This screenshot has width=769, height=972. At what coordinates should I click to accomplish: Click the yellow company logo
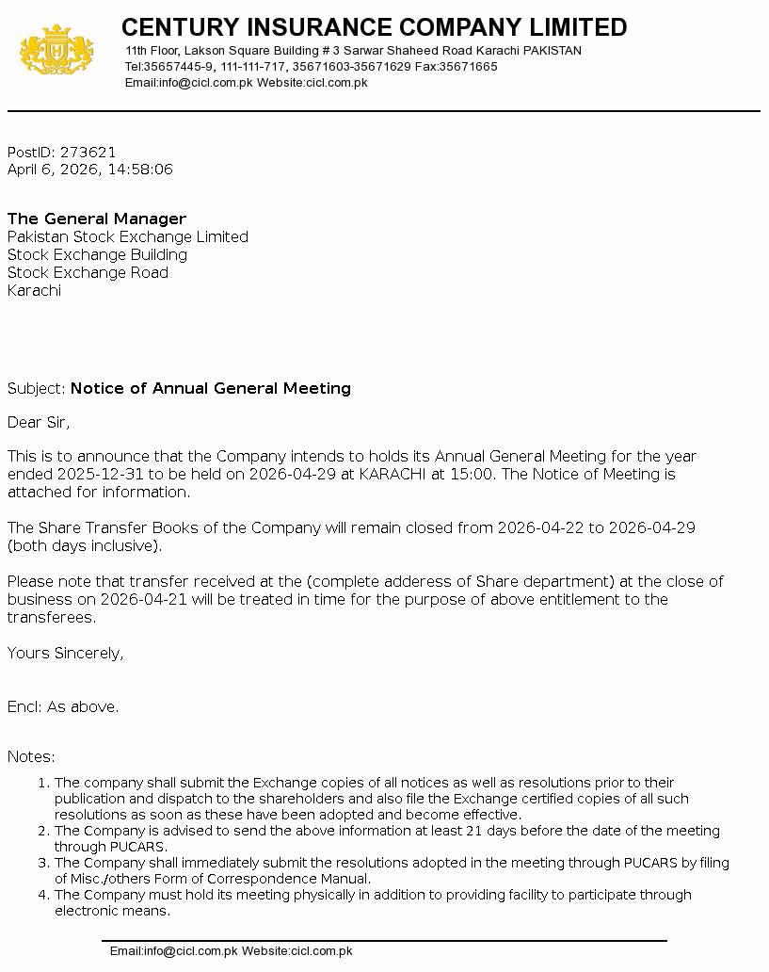[56, 51]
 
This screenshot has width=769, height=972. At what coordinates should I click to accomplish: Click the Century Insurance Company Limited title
[374, 26]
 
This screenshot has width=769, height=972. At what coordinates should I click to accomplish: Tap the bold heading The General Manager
[97, 219]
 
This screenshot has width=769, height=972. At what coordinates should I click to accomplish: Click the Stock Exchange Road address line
[88, 272]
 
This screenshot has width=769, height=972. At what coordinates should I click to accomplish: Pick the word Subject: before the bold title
[37, 388]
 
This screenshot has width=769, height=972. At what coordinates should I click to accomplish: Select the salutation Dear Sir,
[39, 422]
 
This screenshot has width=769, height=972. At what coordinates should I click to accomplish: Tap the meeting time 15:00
[473, 474]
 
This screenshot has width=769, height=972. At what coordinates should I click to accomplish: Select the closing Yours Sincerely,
[66, 653]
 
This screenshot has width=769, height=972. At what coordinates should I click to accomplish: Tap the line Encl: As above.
[63, 706]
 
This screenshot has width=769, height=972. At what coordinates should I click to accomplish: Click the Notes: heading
[31, 756]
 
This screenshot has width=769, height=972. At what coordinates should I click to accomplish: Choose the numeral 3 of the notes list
[42, 863]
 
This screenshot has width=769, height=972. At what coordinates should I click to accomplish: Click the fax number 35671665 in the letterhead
[468, 67]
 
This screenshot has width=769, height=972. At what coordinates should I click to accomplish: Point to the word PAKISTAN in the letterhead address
[553, 51]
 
